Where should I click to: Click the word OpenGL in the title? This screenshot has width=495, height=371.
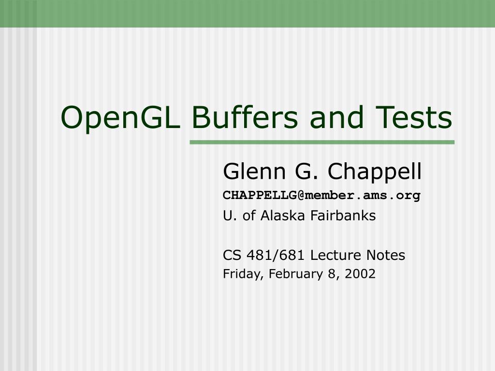[x=120, y=118]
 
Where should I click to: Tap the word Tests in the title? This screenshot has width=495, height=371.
[x=414, y=117]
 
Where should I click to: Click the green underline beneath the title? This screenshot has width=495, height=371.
[x=322, y=143]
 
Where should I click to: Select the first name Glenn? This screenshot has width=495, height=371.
[x=254, y=171]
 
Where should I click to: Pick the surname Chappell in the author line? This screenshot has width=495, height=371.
[x=375, y=172]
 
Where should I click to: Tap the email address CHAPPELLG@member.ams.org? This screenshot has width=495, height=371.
[x=321, y=195]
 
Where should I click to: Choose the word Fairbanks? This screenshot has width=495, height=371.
[x=343, y=216]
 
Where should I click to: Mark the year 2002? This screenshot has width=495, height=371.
[x=360, y=274]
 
